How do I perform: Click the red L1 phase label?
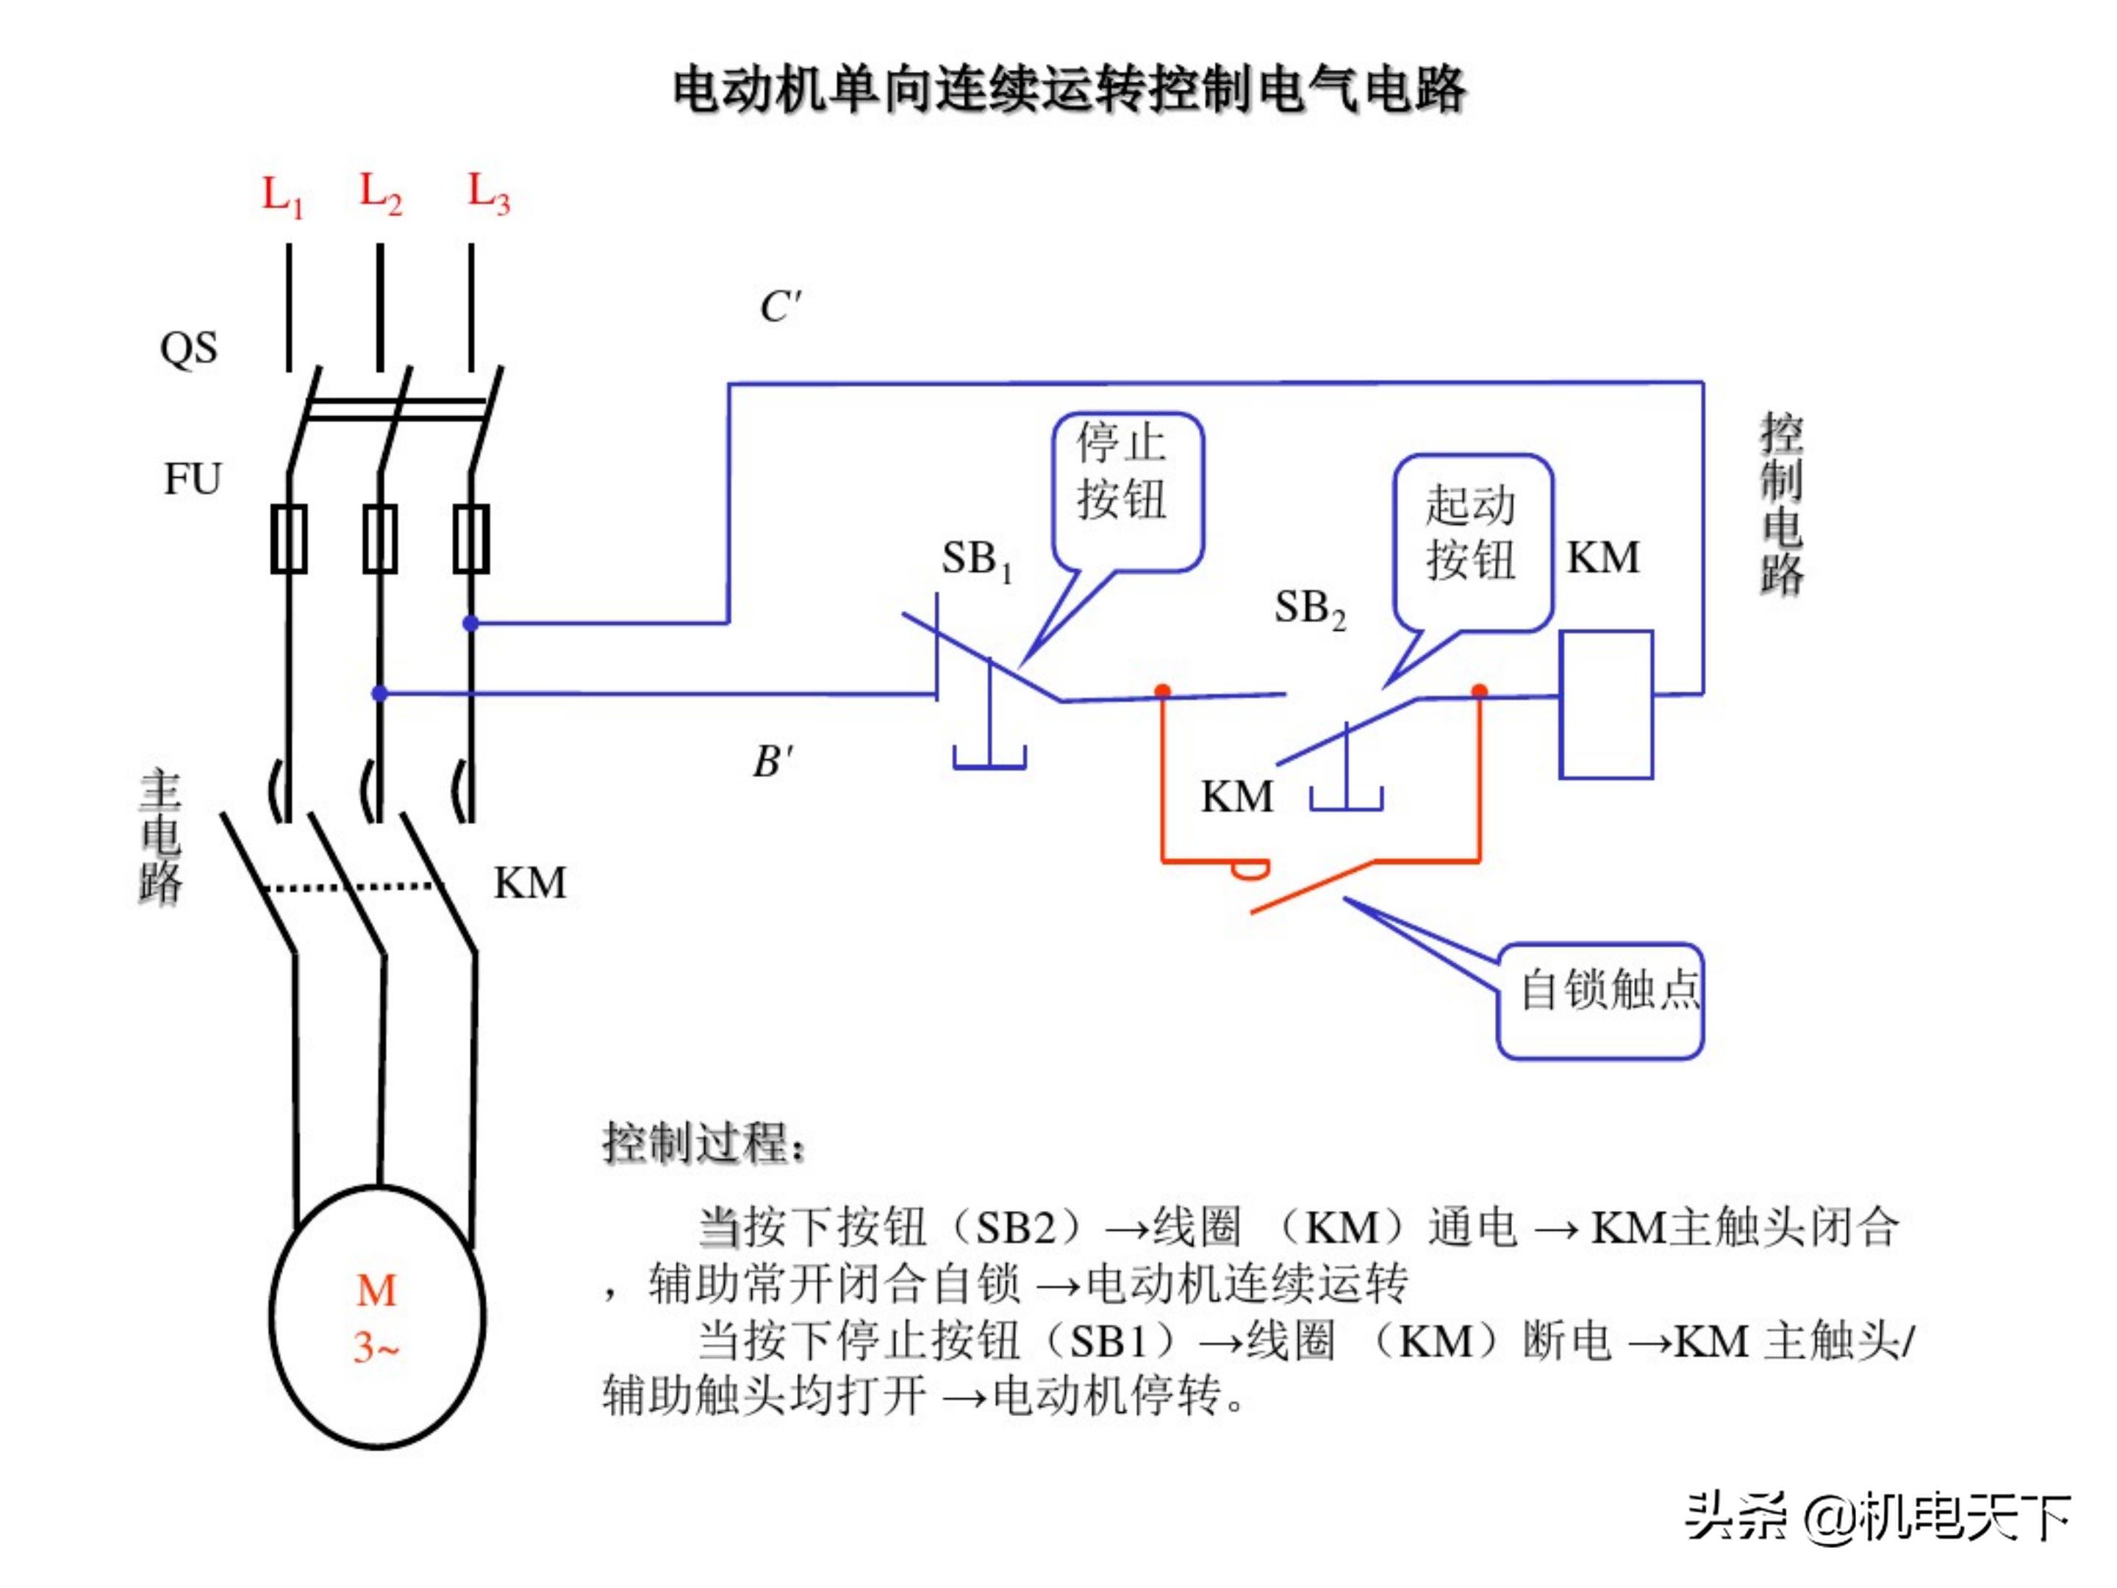[x=282, y=196]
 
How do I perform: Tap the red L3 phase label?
[x=488, y=193]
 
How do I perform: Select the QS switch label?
[x=188, y=348]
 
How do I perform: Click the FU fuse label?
[x=193, y=479]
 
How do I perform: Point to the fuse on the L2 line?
[x=380, y=539]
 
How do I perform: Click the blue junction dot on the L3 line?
[x=470, y=623]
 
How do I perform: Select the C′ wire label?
[x=780, y=307]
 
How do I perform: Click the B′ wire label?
[x=773, y=762]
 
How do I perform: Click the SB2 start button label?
[x=1309, y=608]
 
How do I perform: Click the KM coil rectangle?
[x=1606, y=704]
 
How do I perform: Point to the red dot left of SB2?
[x=1162, y=690]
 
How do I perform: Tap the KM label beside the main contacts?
[x=529, y=882]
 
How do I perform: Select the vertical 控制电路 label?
[x=1781, y=504]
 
